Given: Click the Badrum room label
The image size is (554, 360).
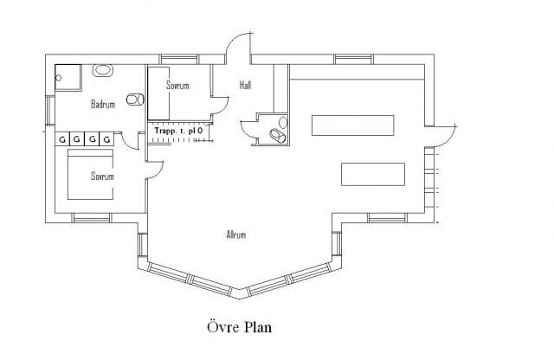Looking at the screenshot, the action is click(x=103, y=104).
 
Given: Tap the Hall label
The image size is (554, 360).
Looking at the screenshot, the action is click(x=246, y=85).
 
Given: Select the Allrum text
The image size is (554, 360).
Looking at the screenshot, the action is click(x=236, y=235).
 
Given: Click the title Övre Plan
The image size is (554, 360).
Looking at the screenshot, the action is click(x=239, y=327).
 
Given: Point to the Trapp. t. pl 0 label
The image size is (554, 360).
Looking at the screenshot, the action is click(x=178, y=131).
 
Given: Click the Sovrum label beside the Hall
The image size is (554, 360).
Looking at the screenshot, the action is click(x=177, y=85).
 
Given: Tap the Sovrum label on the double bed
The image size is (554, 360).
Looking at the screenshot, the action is click(x=102, y=176).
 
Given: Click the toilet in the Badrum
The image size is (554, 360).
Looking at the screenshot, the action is click(x=135, y=100).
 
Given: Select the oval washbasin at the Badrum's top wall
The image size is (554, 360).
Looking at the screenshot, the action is click(x=103, y=70).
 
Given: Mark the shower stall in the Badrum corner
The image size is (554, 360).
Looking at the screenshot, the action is click(x=68, y=77).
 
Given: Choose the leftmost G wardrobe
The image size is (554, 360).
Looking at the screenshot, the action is click(x=62, y=138).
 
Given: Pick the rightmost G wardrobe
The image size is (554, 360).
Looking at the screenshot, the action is click(x=106, y=138).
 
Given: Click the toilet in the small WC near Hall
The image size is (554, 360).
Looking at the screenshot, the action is click(x=277, y=135).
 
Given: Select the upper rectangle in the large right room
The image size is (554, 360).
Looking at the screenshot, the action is click(x=352, y=125).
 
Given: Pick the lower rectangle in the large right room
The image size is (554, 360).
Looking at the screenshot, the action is click(x=373, y=174).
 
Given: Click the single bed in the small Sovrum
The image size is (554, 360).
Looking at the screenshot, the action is click(x=158, y=93).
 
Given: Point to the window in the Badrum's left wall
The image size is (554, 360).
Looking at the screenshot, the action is click(x=50, y=110).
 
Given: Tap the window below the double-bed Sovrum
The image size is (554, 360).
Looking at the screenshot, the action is click(x=92, y=218).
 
